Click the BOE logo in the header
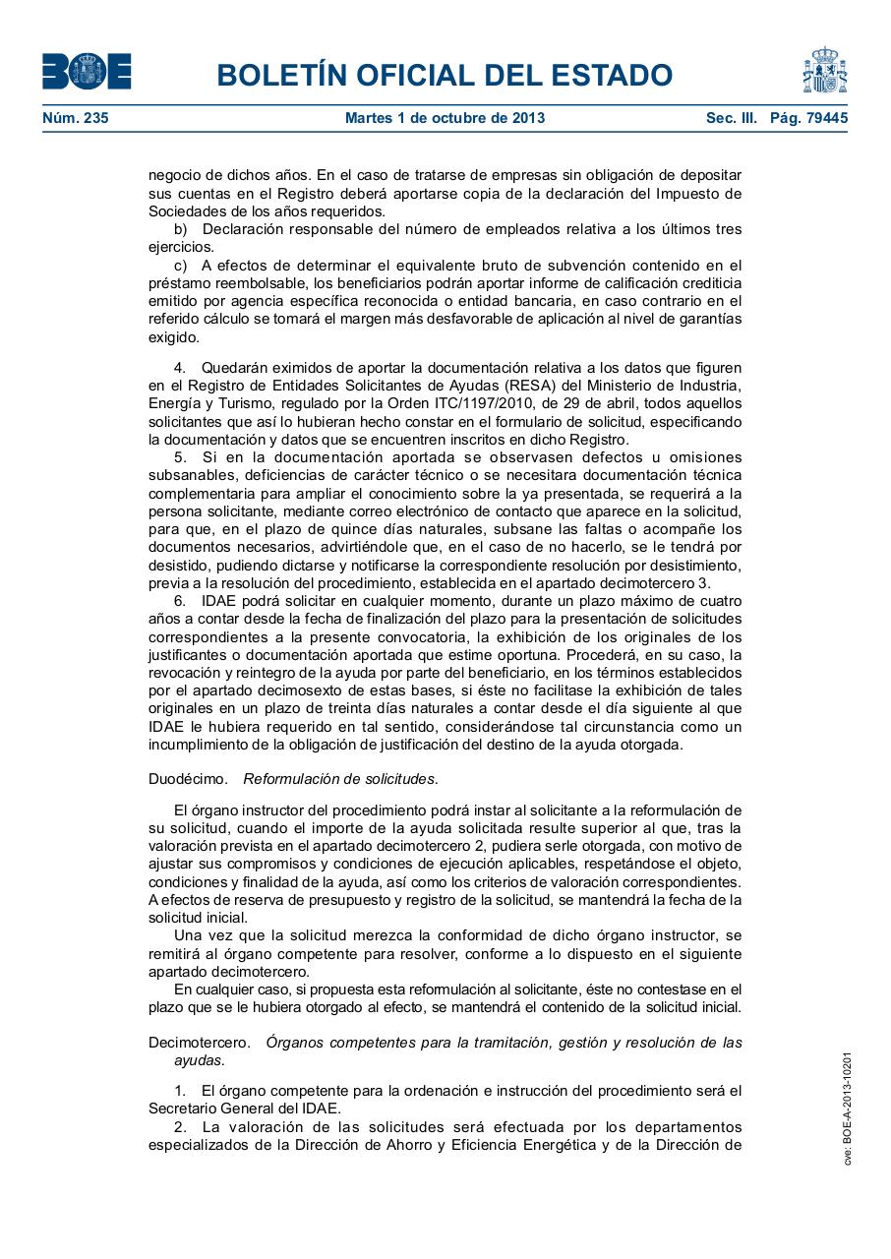(x=87, y=72)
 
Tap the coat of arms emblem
(x=824, y=71)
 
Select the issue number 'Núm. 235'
(x=76, y=118)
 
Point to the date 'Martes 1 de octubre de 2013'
(x=445, y=118)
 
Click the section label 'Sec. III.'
(x=731, y=118)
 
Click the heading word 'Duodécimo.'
(x=187, y=779)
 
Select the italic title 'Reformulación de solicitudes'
(x=339, y=779)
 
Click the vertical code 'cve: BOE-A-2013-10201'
(x=847, y=1109)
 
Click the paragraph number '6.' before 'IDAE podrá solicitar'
(x=181, y=600)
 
